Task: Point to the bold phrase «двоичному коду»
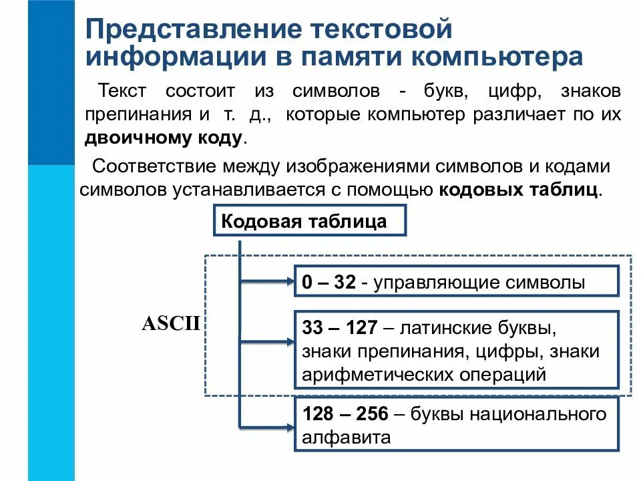click(164, 138)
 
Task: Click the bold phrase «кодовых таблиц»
click(520, 190)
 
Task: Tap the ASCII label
click(172, 324)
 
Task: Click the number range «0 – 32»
click(329, 283)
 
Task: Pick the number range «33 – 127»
click(341, 329)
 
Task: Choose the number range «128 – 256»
click(345, 414)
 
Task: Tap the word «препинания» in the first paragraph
click(137, 115)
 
